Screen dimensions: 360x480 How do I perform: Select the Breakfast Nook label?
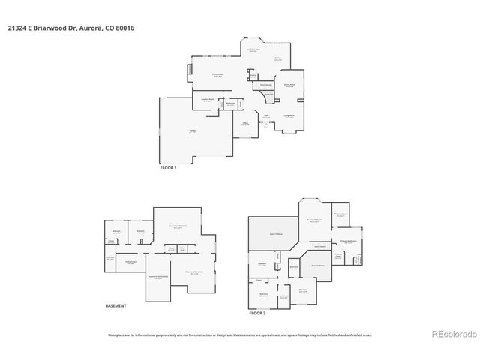pyautogui.click(x=254, y=49)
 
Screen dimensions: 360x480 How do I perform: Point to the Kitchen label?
pyautogui.click(x=277, y=59)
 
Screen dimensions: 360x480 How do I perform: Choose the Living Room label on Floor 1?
pyautogui.click(x=289, y=116)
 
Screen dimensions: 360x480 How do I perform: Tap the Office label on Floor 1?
pyautogui.click(x=245, y=124)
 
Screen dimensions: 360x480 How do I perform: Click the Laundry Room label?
pyautogui.click(x=208, y=100)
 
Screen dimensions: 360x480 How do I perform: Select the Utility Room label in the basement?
pyautogui.click(x=130, y=262)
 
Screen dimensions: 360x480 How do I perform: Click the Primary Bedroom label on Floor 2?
pyautogui.click(x=314, y=220)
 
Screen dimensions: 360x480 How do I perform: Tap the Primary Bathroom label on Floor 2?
pyautogui.click(x=347, y=241)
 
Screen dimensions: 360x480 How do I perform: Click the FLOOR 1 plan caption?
pyautogui.click(x=168, y=167)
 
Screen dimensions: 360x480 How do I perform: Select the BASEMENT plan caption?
pyautogui.click(x=115, y=305)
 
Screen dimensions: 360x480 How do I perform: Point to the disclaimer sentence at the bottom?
pyautogui.click(x=239, y=334)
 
